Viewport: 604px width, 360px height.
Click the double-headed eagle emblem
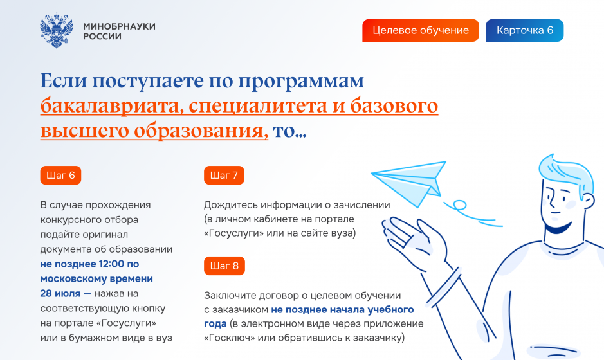coord(57,30)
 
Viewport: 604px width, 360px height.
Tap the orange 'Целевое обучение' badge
coord(421,30)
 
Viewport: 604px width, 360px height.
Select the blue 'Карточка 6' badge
coord(525,30)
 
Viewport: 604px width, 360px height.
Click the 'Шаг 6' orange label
coord(60,175)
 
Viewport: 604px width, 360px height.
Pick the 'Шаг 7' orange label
coord(224,175)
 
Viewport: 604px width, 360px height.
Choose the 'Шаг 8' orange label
coord(224,265)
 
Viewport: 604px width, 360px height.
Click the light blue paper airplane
coord(409,183)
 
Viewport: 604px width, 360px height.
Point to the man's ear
coord(588,200)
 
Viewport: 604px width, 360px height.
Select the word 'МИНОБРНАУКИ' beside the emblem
coord(120,26)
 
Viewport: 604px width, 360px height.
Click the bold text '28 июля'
coord(60,293)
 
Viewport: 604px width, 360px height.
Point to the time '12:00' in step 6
coord(111,264)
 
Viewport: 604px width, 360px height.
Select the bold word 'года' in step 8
coord(215,324)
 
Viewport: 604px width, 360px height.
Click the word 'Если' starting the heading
coord(64,81)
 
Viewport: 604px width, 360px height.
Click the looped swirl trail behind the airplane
coord(472,212)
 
